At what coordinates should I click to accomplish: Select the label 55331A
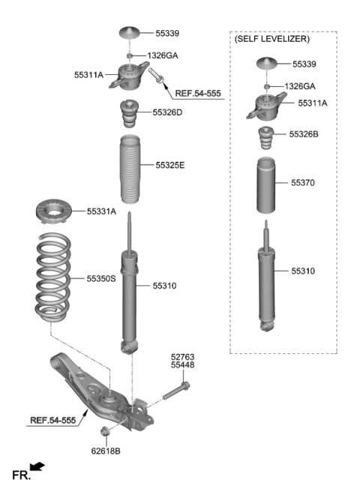[101, 212]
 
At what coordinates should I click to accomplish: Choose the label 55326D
[167, 112]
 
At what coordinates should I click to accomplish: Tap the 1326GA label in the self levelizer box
[300, 86]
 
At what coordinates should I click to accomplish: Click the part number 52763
[182, 358]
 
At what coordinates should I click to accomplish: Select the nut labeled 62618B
[105, 431]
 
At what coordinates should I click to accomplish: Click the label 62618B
[105, 451]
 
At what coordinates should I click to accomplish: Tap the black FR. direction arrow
[37, 467]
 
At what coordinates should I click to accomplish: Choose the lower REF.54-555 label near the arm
[53, 421]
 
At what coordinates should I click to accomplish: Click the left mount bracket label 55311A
[89, 75]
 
